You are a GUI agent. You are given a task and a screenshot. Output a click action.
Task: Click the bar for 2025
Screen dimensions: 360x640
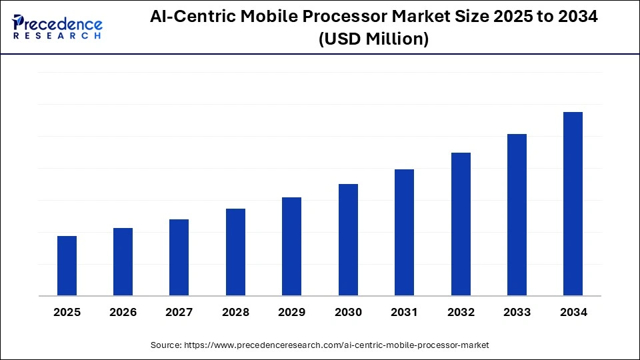[67, 266]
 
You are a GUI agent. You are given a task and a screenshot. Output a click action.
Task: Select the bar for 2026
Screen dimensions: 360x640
[123, 262]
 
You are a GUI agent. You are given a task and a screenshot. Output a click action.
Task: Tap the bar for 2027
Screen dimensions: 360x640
[179, 257]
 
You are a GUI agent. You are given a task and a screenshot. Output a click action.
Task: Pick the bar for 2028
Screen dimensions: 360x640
[235, 252]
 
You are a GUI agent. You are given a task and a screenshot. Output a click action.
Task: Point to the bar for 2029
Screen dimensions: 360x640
[291, 247]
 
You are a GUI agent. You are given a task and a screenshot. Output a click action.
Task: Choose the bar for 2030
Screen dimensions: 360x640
[348, 240]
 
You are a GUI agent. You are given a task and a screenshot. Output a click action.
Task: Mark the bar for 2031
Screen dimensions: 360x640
[404, 233]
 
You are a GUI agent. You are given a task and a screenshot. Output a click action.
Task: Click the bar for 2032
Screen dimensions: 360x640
[461, 224]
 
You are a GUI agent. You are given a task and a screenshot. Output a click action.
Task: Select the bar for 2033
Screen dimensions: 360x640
[517, 215]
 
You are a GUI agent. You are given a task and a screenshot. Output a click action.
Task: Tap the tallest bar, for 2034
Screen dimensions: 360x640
[573, 204]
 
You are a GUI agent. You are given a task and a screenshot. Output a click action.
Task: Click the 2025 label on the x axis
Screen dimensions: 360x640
[67, 312]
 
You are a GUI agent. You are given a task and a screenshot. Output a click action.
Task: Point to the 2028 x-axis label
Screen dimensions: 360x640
[235, 312]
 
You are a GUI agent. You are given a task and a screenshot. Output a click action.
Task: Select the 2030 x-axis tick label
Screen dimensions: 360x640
[348, 312]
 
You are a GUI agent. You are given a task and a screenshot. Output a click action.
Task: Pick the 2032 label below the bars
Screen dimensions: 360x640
[461, 312]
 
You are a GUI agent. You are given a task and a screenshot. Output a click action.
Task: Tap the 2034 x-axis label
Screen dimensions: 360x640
[573, 312]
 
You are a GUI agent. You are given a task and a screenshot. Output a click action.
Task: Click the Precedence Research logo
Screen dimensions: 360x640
[57, 27]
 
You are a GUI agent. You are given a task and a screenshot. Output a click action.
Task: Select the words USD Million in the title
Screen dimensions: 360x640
[373, 39]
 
